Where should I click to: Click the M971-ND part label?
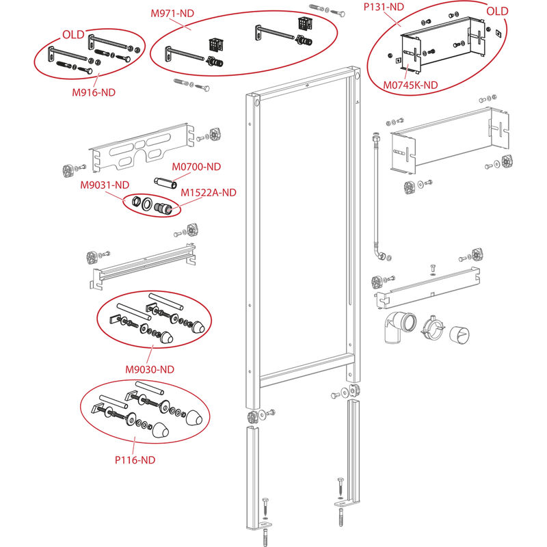coord(172,13)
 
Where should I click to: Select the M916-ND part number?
coord(94,92)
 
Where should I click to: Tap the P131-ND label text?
coord(384,7)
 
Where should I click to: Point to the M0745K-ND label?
coord(410,85)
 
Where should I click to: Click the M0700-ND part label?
coord(196,167)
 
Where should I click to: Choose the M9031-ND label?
coord(105,185)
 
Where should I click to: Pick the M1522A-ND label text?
coord(209,193)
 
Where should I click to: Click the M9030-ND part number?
coord(150,369)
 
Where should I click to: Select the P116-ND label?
coord(135,459)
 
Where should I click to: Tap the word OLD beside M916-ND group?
coord(73,35)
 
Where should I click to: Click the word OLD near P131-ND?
coord(497,11)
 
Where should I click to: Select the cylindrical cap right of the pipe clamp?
coord(459,334)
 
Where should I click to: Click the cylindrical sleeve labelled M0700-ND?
coord(165,183)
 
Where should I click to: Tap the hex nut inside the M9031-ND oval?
coord(135,201)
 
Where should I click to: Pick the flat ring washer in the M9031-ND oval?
coord(147,204)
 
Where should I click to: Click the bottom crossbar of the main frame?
coord(304,371)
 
